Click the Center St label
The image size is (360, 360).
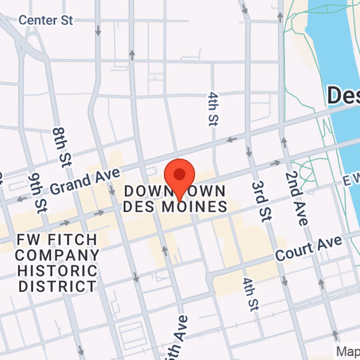(45, 20)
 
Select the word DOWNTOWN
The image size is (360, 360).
(175, 191)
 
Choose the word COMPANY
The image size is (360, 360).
(58, 255)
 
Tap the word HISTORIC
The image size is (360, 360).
(57, 270)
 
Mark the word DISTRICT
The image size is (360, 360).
(57, 286)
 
